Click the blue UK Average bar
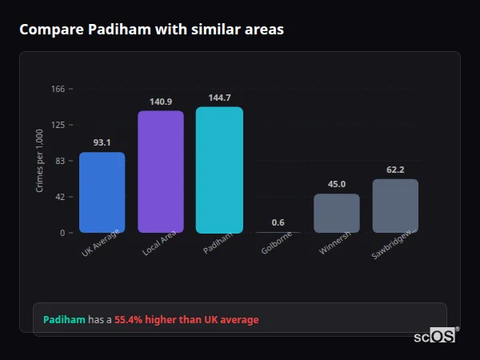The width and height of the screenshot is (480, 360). (x=102, y=192)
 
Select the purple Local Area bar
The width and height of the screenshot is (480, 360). (x=161, y=171)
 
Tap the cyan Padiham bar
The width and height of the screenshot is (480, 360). (x=219, y=170)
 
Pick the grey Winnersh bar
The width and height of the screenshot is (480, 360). (x=337, y=213)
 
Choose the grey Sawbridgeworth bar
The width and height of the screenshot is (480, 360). (x=395, y=206)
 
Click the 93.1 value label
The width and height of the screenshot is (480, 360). (x=102, y=142)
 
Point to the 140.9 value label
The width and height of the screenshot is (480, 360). (x=161, y=102)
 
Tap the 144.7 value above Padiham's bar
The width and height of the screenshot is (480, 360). (x=219, y=98)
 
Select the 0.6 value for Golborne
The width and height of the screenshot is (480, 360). (x=278, y=222)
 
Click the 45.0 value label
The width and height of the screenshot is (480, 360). (x=337, y=184)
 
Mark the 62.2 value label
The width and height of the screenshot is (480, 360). (x=395, y=170)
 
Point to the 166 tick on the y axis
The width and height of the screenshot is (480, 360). (x=58, y=89)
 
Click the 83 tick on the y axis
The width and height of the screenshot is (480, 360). (x=60, y=161)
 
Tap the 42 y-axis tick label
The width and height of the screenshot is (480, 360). (x=60, y=197)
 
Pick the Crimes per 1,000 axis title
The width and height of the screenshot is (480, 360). (x=40, y=161)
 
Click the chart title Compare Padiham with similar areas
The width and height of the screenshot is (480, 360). (x=151, y=30)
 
